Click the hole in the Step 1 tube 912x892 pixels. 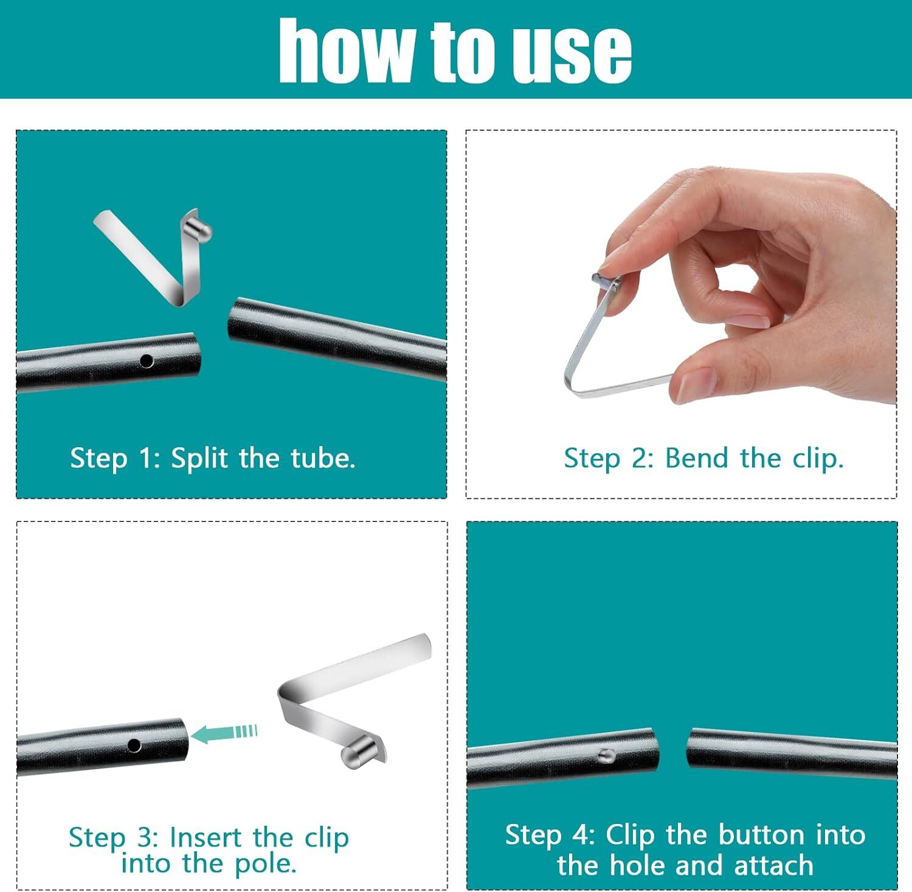coord(147,361)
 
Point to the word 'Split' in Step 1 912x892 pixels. coord(199,458)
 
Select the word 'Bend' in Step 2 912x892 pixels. coord(696,458)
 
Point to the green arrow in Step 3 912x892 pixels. coord(224,733)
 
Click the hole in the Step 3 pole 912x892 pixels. coord(134,745)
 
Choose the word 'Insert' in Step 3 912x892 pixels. coord(206,837)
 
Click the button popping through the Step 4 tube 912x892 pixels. coord(606,755)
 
